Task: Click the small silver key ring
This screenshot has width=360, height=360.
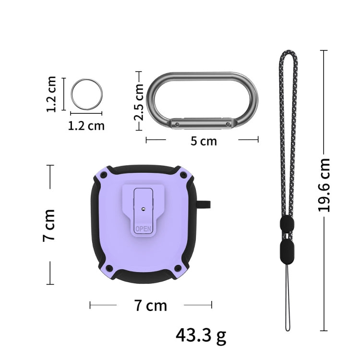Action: coord(71,94)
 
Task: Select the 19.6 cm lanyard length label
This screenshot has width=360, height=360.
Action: coord(324,185)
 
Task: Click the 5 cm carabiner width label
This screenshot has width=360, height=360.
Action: coord(204,141)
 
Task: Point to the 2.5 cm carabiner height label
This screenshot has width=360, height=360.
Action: coord(138,102)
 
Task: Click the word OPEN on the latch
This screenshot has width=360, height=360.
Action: coord(143,228)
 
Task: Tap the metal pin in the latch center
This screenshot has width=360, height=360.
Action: coord(144,209)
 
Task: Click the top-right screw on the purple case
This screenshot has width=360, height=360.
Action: coord(183,175)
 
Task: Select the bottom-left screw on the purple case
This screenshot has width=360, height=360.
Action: coord(109,268)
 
